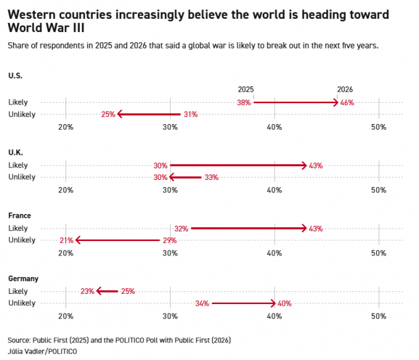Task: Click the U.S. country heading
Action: (16, 76)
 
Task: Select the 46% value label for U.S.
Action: (347, 102)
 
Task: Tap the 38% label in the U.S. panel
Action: (244, 102)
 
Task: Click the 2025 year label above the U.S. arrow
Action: (246, 90)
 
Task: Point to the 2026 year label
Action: (345, 90)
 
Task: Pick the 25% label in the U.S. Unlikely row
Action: (108, 115)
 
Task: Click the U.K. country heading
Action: (16, 152)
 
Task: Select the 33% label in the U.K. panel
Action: (211, 177)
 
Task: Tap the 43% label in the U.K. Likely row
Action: (316, 166)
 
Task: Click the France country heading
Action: (20, 215)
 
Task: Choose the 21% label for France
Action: (66, 240)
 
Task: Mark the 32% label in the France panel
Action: (181, 228)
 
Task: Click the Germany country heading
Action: (23, 278)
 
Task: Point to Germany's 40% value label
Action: (284, 303)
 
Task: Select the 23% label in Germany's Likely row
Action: (87, 291)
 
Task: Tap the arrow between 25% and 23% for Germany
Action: (107, 291)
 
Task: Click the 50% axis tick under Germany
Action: (378, 316)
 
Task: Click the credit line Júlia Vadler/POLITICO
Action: (42, 351)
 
